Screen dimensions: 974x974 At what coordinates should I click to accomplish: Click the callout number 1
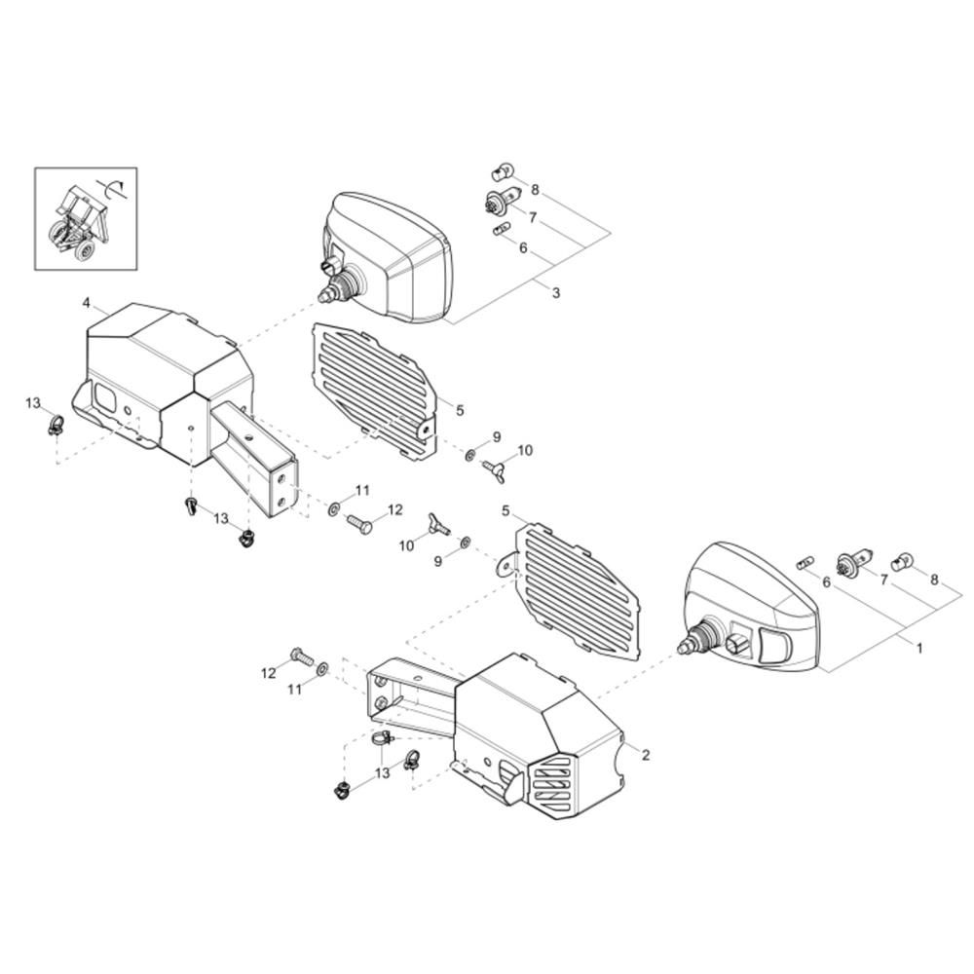pyautogui.click(x=919, y=648)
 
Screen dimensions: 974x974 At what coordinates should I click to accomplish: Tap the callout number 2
pyautogui.click(x=646, y=755)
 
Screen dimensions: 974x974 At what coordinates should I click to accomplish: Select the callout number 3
pyautogui.click(x=556, y=292)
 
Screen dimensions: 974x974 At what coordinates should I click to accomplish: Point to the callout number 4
pyautogui.click(x=87, y=303)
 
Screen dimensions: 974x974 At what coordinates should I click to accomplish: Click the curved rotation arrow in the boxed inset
pyautogui.click(x=112, y=186)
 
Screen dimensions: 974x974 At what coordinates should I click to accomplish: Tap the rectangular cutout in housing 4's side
pyautogui.click(x=104, y=395)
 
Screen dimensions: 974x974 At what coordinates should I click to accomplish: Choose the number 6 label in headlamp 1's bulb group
pyautogui.click(x=826, y=582)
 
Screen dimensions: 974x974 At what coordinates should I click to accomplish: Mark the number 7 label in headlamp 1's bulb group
pyautogui.click(x=883, y=580)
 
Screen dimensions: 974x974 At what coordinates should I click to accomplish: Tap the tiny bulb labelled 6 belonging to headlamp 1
pyautogui.click(x=804, y=563)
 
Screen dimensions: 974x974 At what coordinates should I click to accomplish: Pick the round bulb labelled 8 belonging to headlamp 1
pyautogui.click(x=902, y=563)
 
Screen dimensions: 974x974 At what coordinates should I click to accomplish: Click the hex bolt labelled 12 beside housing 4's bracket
pyautogui.click(x=359, y=523)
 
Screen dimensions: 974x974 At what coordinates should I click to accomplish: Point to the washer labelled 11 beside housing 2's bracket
pyautogui.click(x=321, y=669)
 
